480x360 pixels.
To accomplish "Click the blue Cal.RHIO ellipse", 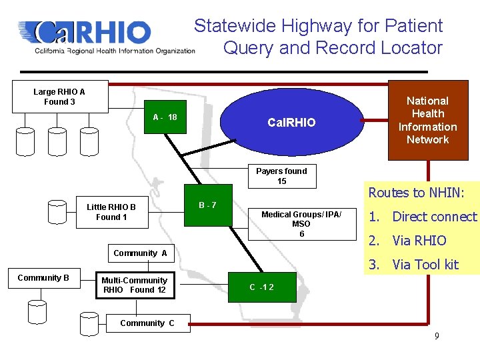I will (x=291, y=122).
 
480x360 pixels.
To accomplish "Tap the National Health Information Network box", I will (x=427, y=120).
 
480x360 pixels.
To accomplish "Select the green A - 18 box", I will (x=165, y=117).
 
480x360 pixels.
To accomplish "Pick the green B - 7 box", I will (x=207, y=205).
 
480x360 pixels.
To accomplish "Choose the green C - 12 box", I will (x=261, y=287).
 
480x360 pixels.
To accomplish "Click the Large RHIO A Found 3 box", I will (x=59, y=97).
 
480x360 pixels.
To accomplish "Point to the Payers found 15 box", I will (x=281, y=176).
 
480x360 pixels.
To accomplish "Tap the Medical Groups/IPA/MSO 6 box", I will (x=301, y=224).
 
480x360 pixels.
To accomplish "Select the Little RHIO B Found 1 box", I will (x=111, y=212).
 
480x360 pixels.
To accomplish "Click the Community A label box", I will (x=140, y=253).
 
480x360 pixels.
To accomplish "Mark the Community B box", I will (x=43, y=277).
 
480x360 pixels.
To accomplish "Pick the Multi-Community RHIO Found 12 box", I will (x=134, y=285).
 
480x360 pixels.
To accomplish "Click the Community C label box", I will (x=147, y=323).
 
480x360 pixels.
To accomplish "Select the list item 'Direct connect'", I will (x=434, y=217).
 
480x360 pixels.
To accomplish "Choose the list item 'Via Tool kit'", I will (x=425, y=265).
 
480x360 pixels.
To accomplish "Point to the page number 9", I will (x=437, y=336).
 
